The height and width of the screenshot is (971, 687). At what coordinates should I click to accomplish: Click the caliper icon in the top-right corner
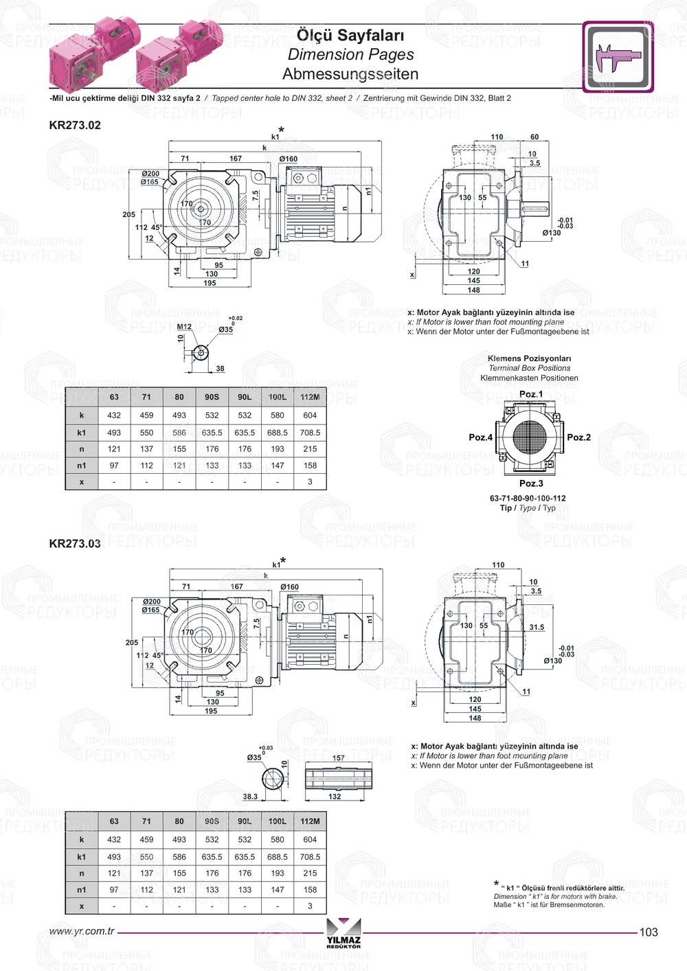(618, 57)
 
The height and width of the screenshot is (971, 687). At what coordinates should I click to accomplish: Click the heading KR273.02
(75, 125)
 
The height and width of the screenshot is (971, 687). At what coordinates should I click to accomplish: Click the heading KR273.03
(75, 544)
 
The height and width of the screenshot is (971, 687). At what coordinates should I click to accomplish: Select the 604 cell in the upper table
(310, 415)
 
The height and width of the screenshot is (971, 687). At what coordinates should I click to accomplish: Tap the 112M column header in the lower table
(310, 821)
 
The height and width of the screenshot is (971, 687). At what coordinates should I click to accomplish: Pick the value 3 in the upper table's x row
(310, 482)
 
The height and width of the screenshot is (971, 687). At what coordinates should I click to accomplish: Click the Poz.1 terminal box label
(530, 394)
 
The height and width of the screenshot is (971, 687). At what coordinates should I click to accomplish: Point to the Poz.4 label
(480, 437)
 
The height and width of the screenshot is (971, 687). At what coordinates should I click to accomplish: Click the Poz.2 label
(578, 437)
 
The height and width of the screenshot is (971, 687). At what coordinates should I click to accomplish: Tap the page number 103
(648, 933)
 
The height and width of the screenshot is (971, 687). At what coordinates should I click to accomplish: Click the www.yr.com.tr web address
(82, 932)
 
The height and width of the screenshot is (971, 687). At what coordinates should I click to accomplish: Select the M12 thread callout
(184, 327)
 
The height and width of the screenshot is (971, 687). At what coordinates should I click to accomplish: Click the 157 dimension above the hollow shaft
(339, 758)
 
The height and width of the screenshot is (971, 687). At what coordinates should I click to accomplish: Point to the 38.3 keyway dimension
(250, 797)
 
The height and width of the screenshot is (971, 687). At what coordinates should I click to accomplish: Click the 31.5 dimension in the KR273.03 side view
(537, 627)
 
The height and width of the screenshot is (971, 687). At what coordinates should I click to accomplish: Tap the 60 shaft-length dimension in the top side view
(534, 137)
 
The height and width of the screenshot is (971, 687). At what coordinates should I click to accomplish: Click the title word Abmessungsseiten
(350, 74)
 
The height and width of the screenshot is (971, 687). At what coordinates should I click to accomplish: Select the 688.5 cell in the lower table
(278, 857)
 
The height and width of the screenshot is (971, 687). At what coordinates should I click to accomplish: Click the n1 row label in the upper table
(82, 466)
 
